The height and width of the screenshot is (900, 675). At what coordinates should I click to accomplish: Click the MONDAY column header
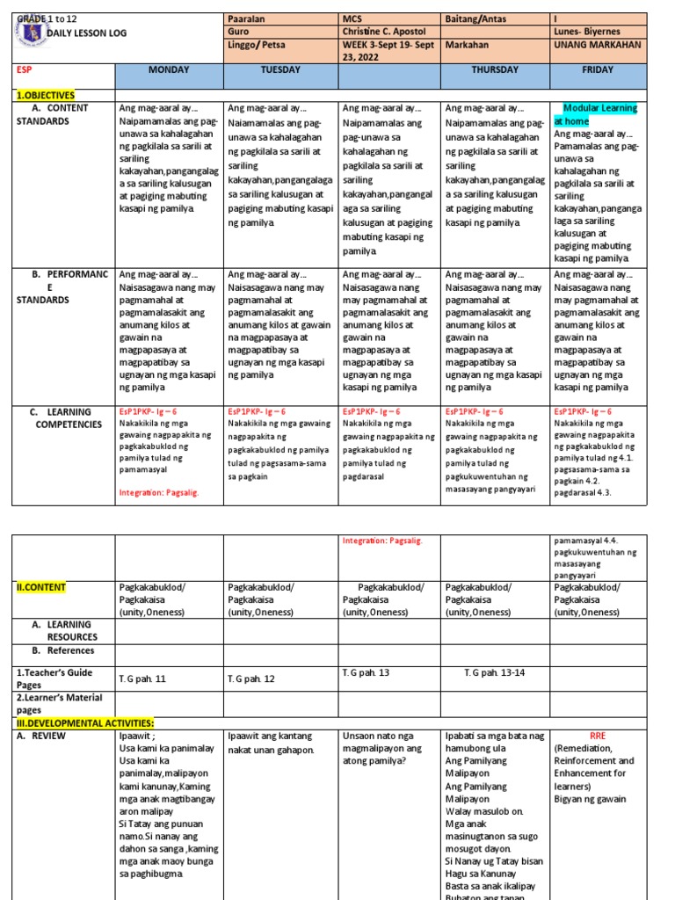pyautogui.click(x=169, y=69)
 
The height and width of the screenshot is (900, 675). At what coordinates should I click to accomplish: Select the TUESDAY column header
pyautogui.click(x=280, y=69)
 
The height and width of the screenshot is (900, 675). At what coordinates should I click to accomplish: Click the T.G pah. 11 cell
pyautogui.click(x=142, y=679)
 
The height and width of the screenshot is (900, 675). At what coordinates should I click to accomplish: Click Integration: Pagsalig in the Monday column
pyautogui.click(x=159, y=493)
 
